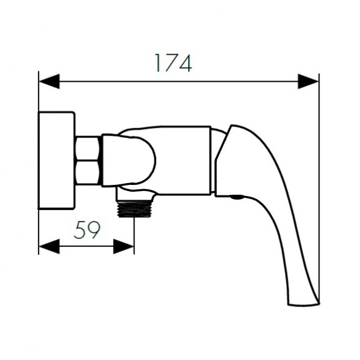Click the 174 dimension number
[x=173, y=63]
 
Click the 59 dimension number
[x=87, y=230]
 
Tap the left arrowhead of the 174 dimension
[x=49, y=81]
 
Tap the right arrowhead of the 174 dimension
[x=308, y=81]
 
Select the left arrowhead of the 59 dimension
[x=49, y=246]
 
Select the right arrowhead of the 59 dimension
[x=123, y=246]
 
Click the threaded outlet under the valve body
[x=135, y=209]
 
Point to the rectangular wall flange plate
[x=57, y=160]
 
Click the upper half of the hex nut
[x=88, y=148]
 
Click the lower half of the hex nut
[x=88, y=173]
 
